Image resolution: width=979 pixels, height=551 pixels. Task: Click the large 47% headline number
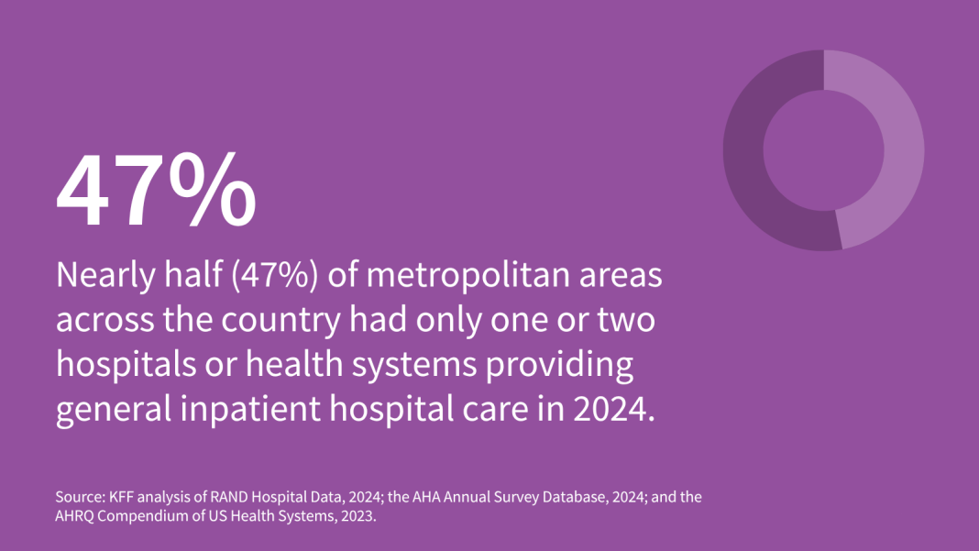(x=156, y=193)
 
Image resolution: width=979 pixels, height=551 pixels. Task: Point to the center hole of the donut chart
(x=823, y=149)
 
